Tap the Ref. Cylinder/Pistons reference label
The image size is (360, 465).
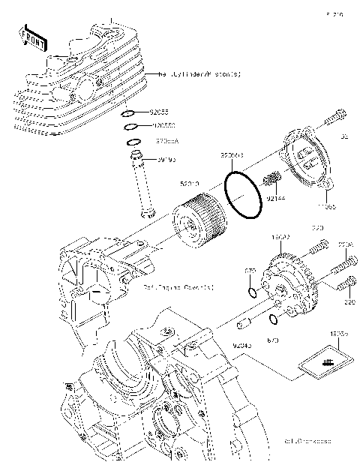199,74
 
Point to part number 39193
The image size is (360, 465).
165,159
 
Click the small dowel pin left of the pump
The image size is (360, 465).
242,324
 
